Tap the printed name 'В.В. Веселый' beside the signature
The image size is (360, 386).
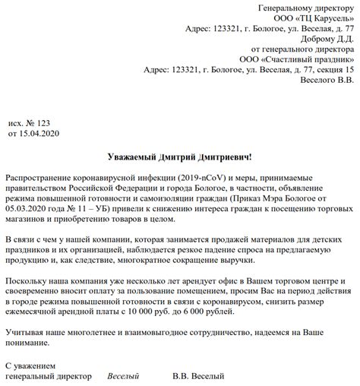198,376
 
